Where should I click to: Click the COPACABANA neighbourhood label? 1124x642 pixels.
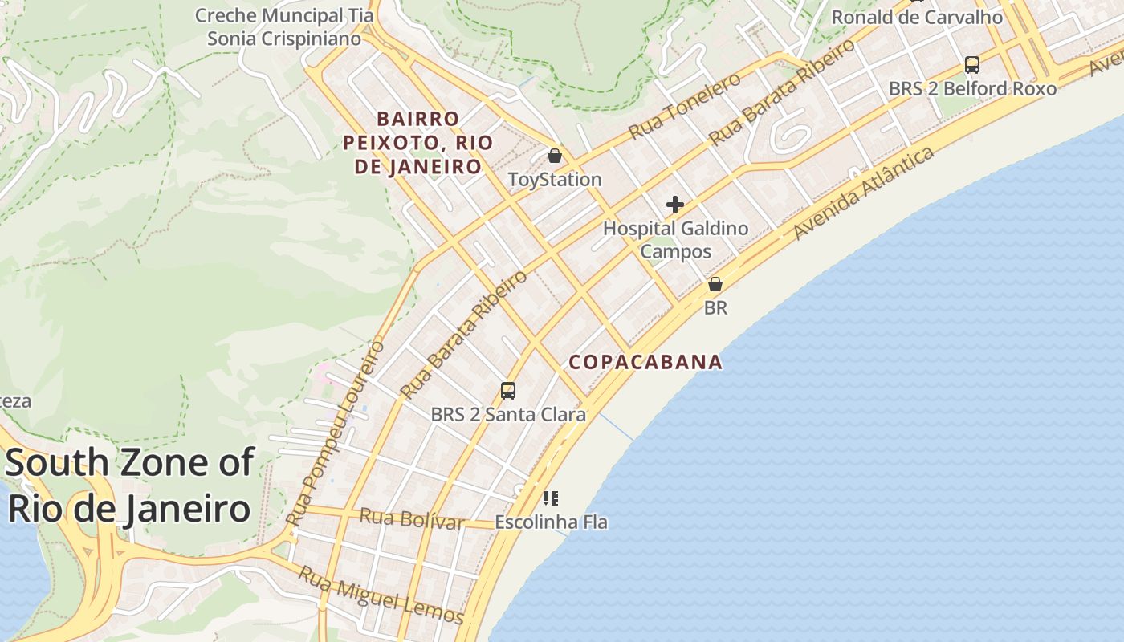pyautogui.click(x=645, y=362)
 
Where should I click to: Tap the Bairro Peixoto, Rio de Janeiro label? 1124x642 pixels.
pyautogui.click(x=417, y=143)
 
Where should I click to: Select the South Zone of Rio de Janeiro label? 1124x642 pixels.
pyautogui.click(x=129, y=486)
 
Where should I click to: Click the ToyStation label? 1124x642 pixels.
pyautogui.click(x=555, y=179)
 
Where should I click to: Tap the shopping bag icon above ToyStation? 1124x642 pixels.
pyautogui.click(x=555, y=155)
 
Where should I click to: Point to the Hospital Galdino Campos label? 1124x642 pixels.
pyautogui.click(x=675, y=239)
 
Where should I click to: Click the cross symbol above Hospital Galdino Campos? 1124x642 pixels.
pyautogui.click(x=675, y=205)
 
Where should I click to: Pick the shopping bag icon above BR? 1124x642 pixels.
pyautogui.click(x=715, y=284)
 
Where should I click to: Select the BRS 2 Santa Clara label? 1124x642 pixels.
pyautogui.click(x=508, y=415)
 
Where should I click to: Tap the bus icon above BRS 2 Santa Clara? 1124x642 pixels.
pyautogui.click(x=508, y=391)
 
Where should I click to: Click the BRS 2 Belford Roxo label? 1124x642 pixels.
pyautogui.click(x=972, y=88)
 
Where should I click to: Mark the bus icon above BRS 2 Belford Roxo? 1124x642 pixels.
pyautogui.click(x=972, y=65)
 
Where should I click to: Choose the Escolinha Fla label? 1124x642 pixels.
pyautogui.click(x=551, y=522)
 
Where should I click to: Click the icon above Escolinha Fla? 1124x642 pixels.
pyautogui.click(x=550, y=498)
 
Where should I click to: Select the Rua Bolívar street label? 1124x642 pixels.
pyautogui.click(x=411, y=519)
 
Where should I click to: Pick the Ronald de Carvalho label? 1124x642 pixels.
pyautogui.click(x=917, y=17)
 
